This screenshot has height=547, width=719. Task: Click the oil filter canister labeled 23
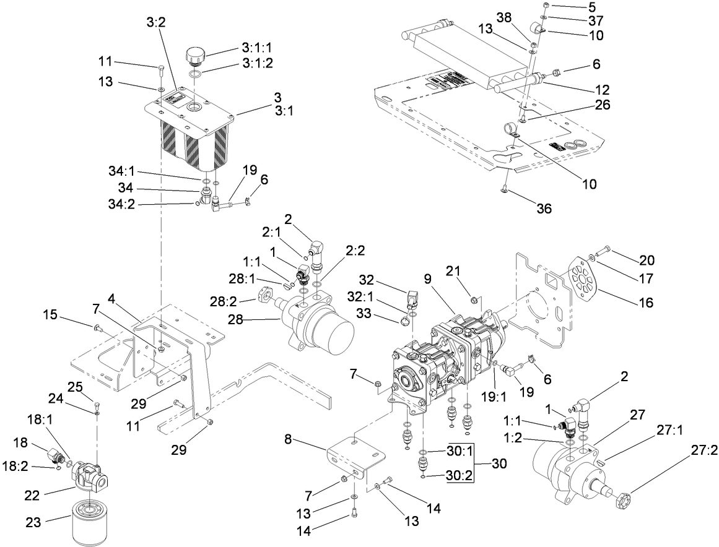pyautogui.click(x=88, y=523)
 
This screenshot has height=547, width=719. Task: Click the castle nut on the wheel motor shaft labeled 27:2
pyautogui.click(x=624, y=499)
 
